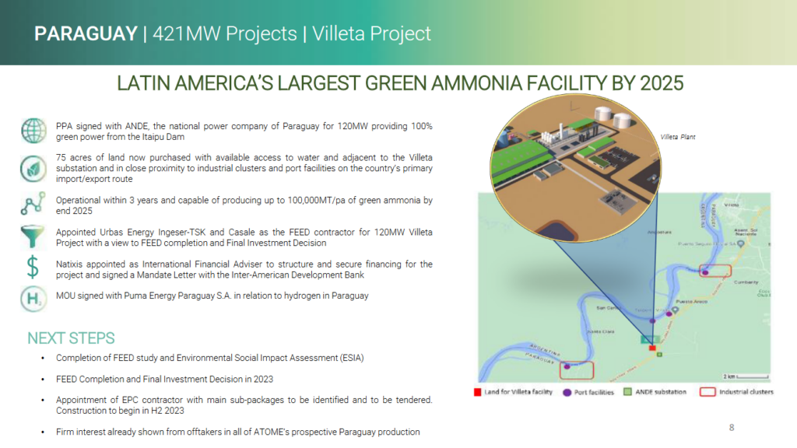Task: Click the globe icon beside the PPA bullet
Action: (33, 129)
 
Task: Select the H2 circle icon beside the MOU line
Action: (33, 299)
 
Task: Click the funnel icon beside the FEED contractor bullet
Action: (33, 236)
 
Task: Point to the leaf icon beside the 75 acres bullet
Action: (33, 166)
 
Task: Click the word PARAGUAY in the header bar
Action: (84, 33)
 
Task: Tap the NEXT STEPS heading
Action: (71, 338)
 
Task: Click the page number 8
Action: (731, 427)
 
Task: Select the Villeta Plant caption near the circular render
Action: (677, 137)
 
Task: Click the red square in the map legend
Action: (478, 392)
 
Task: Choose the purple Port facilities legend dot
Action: (567, 392)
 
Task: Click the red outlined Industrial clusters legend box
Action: (707, 392)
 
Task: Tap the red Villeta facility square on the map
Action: (652, 348)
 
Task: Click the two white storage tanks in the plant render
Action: (613, 119)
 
